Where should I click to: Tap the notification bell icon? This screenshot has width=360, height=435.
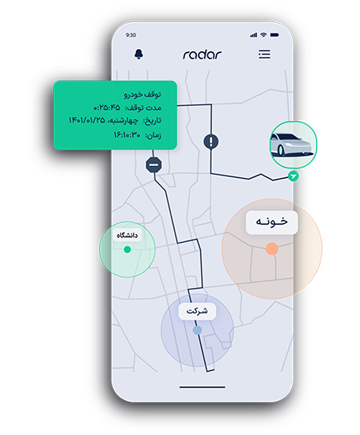coord(138,54)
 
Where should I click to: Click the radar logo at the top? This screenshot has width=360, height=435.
coord(202,55)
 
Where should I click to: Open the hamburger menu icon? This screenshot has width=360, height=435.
coord(264,55)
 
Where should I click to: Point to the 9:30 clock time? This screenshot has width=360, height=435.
coord(131,35)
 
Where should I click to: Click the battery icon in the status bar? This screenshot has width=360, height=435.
coord(275,35)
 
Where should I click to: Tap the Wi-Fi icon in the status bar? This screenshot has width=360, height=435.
coord(263,35)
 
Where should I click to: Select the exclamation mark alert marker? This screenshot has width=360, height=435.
coord(211,142)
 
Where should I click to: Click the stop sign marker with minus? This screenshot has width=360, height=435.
coord(153,165)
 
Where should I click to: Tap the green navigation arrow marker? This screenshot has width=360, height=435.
coord(293,176)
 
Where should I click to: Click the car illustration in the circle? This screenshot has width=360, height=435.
coord(293,145)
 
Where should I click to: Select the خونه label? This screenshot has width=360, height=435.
coord(271,222)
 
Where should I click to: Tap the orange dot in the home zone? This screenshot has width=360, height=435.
coord(271,248)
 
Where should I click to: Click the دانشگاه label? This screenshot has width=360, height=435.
coord(127,235)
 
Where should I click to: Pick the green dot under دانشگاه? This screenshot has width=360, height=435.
coord(127,249)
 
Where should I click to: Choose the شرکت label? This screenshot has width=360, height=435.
coord(197,312)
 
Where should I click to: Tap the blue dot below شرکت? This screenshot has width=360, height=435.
coord(197,330)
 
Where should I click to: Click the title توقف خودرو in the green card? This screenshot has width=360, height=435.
coord(142,95)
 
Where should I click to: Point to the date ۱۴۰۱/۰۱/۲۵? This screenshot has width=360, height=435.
coord(86,120)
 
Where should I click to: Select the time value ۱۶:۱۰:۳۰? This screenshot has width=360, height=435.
coord(127,134)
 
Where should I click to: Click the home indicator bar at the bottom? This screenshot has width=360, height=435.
coord(202,387)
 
